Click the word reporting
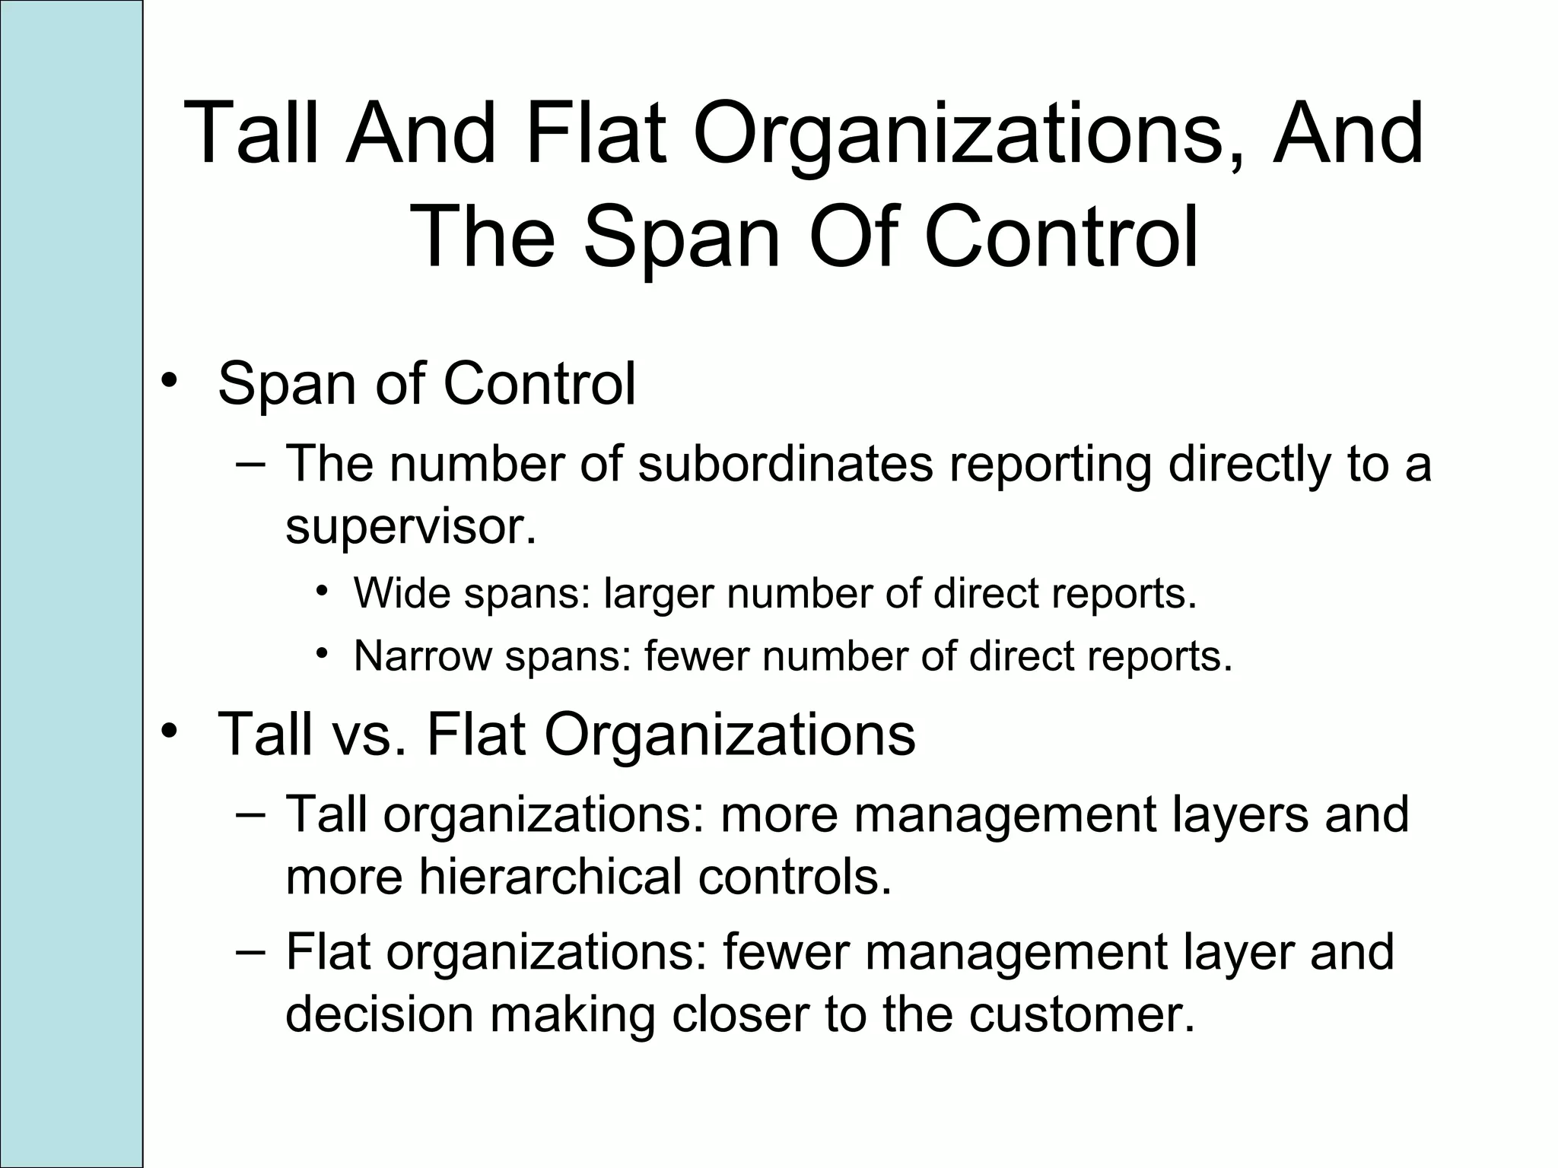pyautogui.click(x=1050, y=465)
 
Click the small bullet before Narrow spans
pyautogui.click(x=323, y=653)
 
